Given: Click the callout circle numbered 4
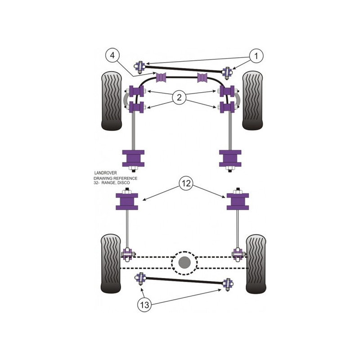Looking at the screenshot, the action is [112, 56].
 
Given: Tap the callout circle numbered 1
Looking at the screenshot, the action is [256, 56].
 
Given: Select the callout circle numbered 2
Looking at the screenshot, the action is [179, 98].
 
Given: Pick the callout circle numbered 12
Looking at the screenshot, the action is [186, 183].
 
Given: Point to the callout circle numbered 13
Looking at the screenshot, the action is [144, 305].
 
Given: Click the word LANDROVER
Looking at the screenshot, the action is [106, 173].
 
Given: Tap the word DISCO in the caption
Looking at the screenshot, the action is [124, 183].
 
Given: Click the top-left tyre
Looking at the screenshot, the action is [111, 101].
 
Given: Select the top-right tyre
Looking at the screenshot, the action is [252, 100].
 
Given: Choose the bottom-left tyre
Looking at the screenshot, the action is [111, 264].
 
